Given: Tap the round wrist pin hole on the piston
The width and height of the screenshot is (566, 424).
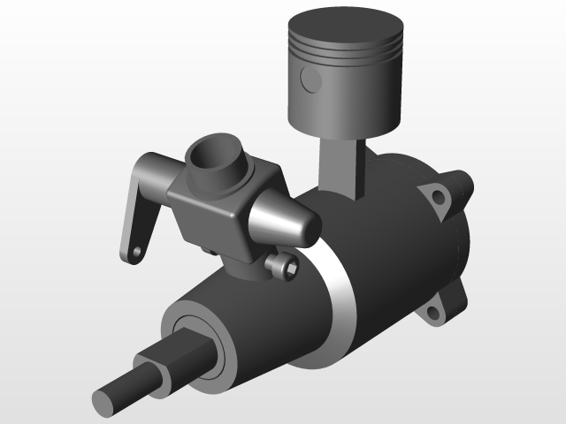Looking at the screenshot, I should [311, 79].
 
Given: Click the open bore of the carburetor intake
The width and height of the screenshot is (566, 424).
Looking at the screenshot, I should [215, 155].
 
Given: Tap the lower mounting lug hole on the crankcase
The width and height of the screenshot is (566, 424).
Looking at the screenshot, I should [434, 311].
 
